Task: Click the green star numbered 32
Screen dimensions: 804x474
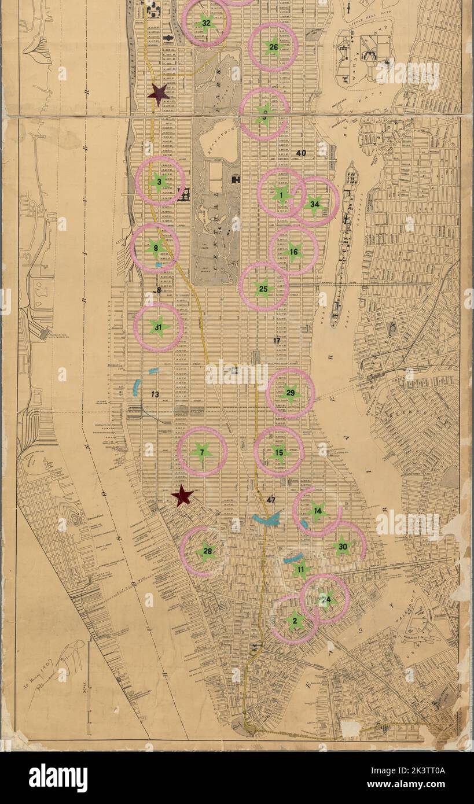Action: (x=206, y=24)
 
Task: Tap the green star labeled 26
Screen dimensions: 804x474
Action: (x=273, y=47)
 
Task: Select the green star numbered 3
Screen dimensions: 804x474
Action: (x=159, y=182)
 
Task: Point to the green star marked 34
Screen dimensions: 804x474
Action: (x=314, y=204)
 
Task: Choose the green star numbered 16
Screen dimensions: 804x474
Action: (x=293, y=252)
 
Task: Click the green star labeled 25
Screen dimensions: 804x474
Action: (x=263, y=288)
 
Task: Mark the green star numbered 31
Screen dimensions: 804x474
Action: (x=159, y=327)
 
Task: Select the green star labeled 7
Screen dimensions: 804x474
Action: (x=201, y=452)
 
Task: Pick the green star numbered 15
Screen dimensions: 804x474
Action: (x=279, y=452)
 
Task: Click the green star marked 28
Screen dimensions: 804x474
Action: (x=206, y=551)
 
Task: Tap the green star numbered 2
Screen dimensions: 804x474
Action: (x=295, y=621)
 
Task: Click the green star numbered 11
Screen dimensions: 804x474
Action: (x=301, y=570)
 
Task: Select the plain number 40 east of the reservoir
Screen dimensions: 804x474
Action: (x=301, y=153)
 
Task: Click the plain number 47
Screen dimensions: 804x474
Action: (x=271, y=499)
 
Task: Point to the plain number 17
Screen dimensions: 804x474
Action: (x=277, y=341)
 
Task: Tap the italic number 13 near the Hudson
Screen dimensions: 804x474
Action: (x=155, y=394)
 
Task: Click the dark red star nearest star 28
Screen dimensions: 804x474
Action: (x=182, y=495)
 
